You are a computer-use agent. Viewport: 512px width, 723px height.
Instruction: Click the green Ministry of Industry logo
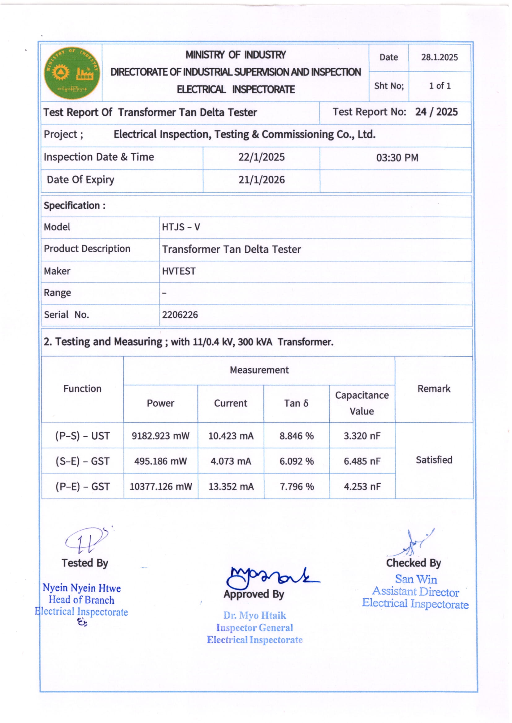(72, 73)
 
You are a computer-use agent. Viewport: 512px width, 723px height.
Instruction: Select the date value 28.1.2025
(439, 57)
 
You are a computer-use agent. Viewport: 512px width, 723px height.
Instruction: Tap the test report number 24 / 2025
(436, 112)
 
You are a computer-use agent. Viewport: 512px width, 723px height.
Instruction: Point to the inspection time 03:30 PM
(397, 158)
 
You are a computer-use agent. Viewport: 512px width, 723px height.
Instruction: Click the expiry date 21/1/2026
(261, 180)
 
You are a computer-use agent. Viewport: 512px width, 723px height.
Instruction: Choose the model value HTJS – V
(181, 227)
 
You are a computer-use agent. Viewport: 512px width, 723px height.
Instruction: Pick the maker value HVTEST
(179, 271)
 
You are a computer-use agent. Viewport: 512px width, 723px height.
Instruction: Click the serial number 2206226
(180, 314)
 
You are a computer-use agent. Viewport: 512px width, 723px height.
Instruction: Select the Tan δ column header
(296, 403)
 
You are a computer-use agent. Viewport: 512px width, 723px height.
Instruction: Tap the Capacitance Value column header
(362, 403)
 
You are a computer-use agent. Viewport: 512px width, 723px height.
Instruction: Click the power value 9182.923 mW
(160, 436)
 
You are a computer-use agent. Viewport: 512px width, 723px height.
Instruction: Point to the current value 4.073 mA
(231, 461)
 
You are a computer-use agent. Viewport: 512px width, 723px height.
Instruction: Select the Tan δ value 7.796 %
(297, 487)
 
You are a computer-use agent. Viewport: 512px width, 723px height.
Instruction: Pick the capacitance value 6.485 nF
(362, 461)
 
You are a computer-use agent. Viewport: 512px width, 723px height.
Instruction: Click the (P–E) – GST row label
(83, 487)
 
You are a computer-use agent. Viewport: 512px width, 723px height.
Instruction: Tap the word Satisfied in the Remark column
(434, 460)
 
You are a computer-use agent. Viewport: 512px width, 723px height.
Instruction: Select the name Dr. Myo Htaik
(254, 615)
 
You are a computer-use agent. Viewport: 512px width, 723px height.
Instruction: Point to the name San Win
(416, 580)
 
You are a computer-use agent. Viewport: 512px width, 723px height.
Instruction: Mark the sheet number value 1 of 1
(440, 86)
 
